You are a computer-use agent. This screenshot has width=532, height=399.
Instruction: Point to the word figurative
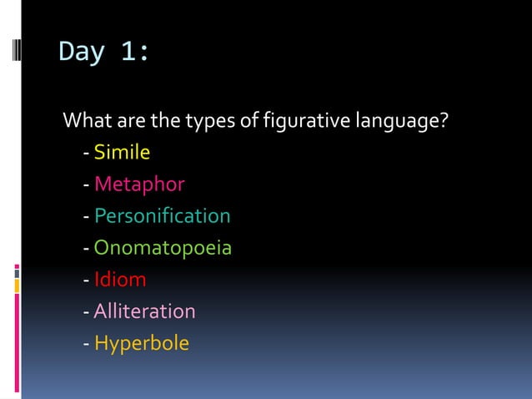point(306,122)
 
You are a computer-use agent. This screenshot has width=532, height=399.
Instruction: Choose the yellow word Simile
point(122,153)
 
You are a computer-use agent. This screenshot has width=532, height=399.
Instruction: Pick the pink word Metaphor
point(139,184)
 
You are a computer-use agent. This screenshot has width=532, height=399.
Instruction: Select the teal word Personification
point(163,216)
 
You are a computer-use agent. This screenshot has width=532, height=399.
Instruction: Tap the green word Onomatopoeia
point(163,248)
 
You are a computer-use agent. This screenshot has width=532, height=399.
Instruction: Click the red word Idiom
point(120,280)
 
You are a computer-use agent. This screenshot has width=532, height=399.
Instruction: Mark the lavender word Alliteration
point(144,311)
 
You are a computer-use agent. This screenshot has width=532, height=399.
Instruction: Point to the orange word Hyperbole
point(142,343)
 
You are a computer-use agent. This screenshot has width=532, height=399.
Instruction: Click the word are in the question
point(129,122)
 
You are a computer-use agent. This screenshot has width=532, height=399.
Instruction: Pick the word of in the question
point(250,122)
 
